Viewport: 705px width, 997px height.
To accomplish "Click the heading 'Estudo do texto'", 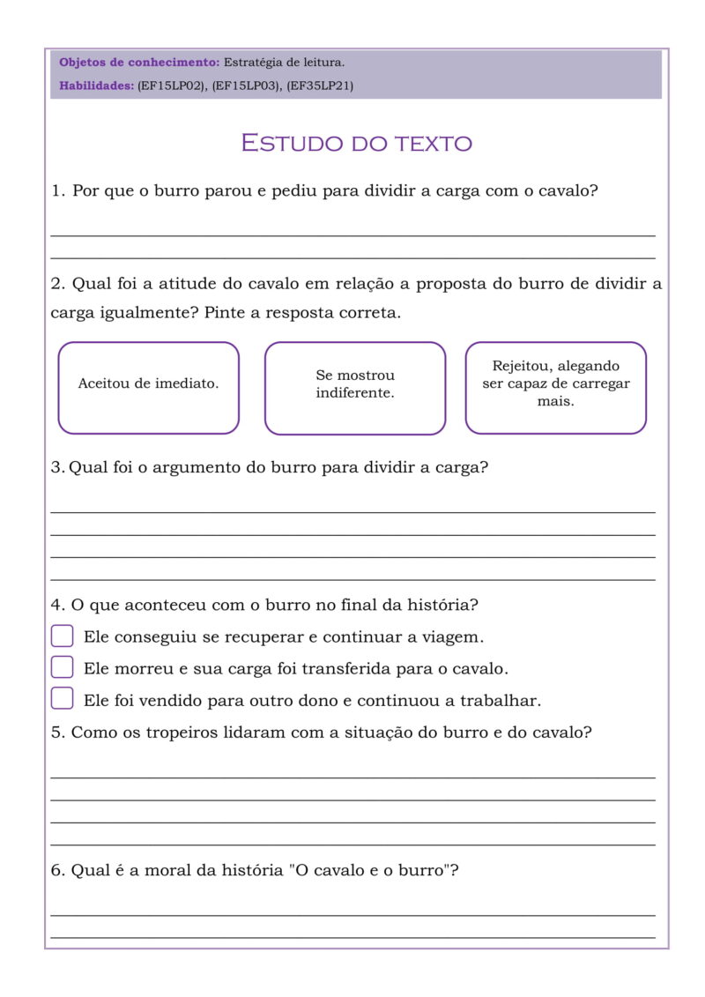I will tap(356, 143).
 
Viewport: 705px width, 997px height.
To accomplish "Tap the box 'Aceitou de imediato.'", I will tap(148, 388).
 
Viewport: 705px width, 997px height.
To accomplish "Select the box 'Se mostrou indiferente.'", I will tap(355, 388).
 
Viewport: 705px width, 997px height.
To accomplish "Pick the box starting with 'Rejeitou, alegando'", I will tap(555, 388).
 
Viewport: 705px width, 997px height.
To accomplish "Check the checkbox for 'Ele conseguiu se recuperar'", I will tap(62, 636).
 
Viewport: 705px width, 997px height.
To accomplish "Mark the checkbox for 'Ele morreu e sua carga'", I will tap(62, 667).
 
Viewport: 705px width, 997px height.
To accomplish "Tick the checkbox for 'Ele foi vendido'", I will tap(62, 699).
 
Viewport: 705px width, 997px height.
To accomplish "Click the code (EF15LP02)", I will tap(172, 86).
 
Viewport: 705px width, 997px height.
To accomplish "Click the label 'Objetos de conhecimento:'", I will tap(139, 63).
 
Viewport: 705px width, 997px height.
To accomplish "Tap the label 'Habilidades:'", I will tap(96, 86).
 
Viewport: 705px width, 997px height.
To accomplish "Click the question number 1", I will tap(57, 190).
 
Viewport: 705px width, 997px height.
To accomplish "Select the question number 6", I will tap(57, 870).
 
